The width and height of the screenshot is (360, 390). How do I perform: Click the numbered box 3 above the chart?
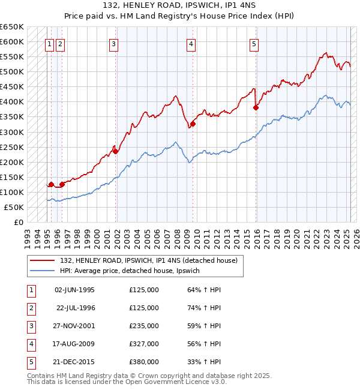(114, 43)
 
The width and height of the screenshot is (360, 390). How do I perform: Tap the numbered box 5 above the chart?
(254, 43)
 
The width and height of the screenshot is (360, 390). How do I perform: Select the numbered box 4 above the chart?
(191, 43)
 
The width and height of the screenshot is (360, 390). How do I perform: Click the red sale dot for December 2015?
(256, 108)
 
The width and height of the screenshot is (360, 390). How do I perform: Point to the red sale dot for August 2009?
(193, 124)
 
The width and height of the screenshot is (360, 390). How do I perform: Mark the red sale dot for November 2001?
(116, 152)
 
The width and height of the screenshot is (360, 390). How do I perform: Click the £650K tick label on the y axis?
(12, 27)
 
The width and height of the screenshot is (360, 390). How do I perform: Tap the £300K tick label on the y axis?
(12, 132)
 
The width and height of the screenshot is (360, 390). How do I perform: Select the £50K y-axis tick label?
(14, 207)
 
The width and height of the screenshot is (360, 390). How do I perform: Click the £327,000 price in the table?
(144, 344)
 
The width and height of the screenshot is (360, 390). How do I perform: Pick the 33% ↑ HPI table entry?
(204, 362)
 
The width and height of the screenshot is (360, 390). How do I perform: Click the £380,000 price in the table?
(144, 362)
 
